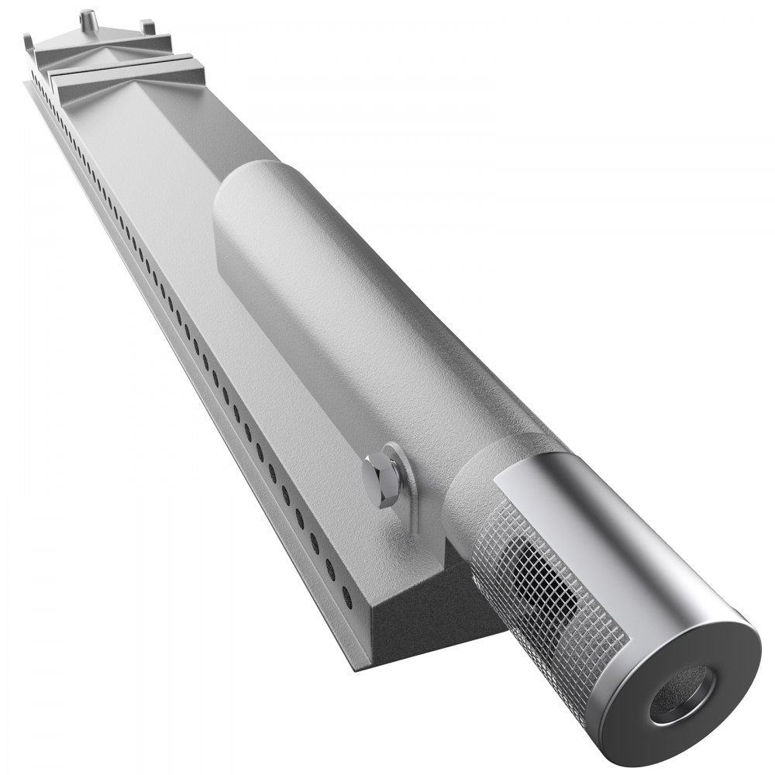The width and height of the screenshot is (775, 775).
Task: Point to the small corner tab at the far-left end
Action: click(29, 39)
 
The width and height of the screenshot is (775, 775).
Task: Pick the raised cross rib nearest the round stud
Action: click(108, 50)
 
